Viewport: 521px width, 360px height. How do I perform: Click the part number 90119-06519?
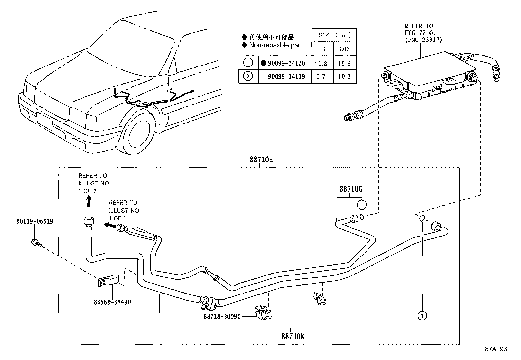[35, 221]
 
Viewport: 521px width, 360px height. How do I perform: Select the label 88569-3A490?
[112, 302]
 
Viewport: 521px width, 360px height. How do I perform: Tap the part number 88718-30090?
[222, 316]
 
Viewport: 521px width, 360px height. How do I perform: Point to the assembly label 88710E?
[261, 160]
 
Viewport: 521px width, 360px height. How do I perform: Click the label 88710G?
[350, 189]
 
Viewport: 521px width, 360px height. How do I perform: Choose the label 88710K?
[293, 336]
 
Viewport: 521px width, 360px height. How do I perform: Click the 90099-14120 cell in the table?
[286, 63]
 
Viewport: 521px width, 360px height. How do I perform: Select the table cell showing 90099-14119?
[286, 77]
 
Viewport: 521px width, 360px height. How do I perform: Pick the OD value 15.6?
[344, 64]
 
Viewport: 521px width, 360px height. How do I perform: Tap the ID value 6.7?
[321, 77]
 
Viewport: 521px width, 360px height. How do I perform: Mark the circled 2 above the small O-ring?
[361, 205]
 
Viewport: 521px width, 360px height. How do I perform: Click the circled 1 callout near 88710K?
[422, 316]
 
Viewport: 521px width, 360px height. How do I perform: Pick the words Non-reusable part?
[276, 45]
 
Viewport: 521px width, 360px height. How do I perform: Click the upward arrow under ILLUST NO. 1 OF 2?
[88, 202]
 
